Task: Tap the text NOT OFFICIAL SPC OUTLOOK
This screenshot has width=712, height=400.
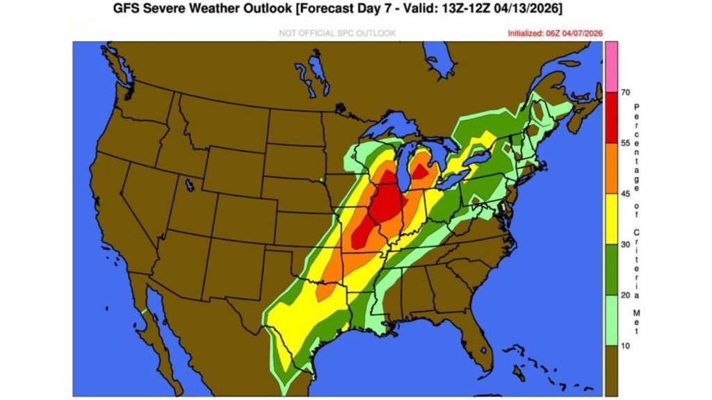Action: coord(337,33)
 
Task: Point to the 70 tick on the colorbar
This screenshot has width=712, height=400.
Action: coord(624,92)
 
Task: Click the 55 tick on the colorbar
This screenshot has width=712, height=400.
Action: coord(624,142)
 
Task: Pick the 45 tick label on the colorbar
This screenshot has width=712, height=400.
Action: coord(624,194)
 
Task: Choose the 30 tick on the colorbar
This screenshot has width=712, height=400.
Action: coord(624,244)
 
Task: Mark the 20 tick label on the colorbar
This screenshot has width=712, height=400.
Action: coord(624,295)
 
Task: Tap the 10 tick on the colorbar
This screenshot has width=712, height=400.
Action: coord(624,345)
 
